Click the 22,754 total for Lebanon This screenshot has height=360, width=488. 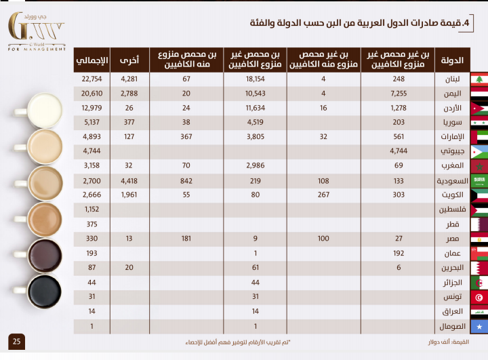click(91, 79)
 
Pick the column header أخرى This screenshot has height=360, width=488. click(129, 60)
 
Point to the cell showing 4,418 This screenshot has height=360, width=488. click(129, 182)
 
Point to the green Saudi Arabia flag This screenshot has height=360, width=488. click(479, 182)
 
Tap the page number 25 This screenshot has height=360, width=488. click(16, 340)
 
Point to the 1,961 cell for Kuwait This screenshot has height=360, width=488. click(129, 195)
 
